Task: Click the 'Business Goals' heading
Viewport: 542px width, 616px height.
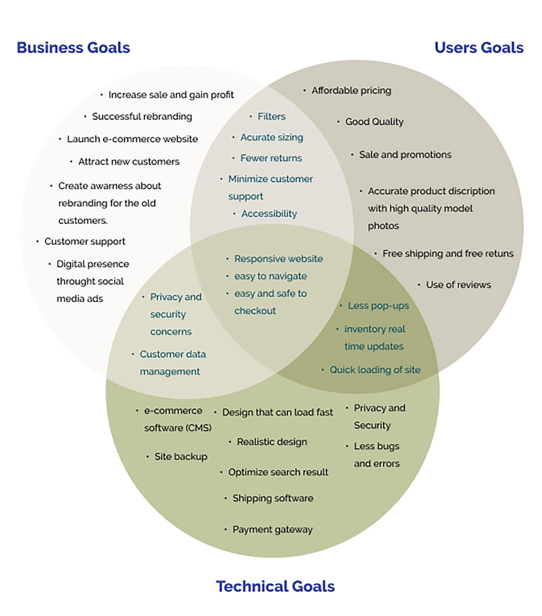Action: click(73, 48)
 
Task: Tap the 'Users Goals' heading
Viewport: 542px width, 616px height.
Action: click(479, 48)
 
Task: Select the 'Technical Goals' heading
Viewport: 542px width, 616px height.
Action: click(275, 586)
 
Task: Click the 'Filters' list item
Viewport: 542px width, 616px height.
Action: click(271, 117)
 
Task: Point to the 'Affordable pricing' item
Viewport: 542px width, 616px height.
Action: click(351, 91)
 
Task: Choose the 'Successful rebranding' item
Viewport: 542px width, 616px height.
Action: click(142, 117)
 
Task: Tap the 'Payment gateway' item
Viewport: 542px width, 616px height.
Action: click(272, 529)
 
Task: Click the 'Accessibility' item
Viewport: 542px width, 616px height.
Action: click(269, 214)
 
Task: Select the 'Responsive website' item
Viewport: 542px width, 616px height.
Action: click(278, 259)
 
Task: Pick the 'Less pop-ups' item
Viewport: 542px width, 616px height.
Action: click(378, 306)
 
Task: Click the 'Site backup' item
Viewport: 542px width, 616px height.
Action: click(181, 456)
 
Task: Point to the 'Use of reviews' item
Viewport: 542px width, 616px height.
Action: click(458, 285)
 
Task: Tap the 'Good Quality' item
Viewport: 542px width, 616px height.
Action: click(374, 122)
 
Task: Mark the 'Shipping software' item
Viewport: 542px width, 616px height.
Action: click(273, 498)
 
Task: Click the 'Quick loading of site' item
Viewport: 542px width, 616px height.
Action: click(375, 370)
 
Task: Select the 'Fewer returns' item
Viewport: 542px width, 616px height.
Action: click(271, 158)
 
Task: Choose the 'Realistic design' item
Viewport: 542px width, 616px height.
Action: click(272, 442)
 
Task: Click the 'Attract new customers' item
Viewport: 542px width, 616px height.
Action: click(129, 161)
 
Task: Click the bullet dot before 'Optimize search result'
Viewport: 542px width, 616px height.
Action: click(221, 472)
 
